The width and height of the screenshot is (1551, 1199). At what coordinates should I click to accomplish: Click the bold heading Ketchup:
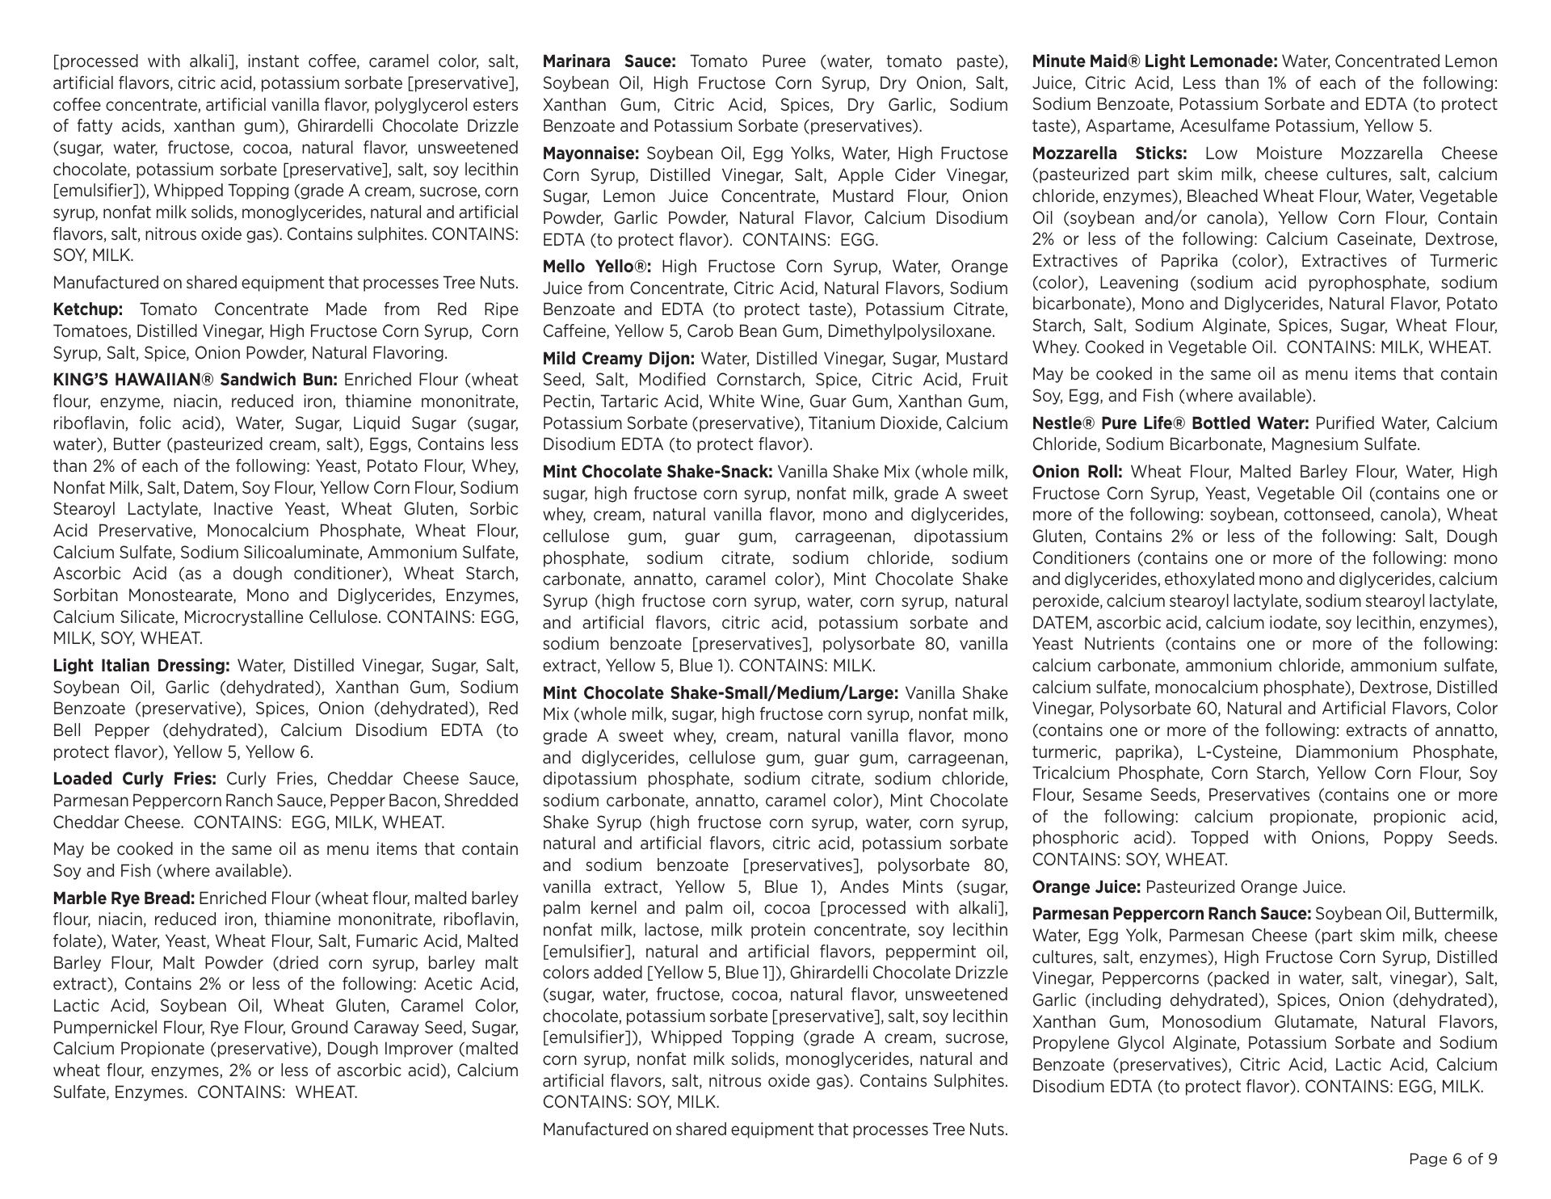click(88, 309)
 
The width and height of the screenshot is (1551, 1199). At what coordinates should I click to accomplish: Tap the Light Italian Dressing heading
click(141, 666)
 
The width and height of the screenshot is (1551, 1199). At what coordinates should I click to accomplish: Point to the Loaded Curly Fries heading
click(134, 779)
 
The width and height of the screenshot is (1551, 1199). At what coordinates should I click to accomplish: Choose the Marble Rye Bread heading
click(124, 898)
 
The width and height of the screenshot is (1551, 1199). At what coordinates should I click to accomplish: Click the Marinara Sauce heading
click(609, 61)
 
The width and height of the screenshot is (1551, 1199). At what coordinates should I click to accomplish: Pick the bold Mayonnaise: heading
click(591, 154)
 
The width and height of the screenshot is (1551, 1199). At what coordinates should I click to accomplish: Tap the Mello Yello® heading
click(596, 267)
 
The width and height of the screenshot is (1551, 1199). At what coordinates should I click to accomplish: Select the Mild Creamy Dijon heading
click(618, 359)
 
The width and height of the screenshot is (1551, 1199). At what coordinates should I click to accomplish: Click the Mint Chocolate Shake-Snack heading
click(658, 472)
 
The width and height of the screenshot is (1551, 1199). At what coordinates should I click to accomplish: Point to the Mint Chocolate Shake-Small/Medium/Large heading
click(721, 693)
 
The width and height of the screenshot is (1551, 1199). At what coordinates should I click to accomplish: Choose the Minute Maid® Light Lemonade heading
click(1154, 61)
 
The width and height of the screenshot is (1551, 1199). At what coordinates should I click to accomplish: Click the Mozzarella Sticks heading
click(1109, 154)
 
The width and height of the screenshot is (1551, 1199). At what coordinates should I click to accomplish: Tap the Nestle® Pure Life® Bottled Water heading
click(1171, 423)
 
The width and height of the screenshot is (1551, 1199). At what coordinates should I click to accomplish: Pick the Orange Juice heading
click(1087, 887)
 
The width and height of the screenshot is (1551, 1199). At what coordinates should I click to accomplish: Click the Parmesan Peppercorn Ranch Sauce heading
click(1171, 914)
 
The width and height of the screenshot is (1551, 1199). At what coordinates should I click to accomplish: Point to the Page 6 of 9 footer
click(1452, 1159)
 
